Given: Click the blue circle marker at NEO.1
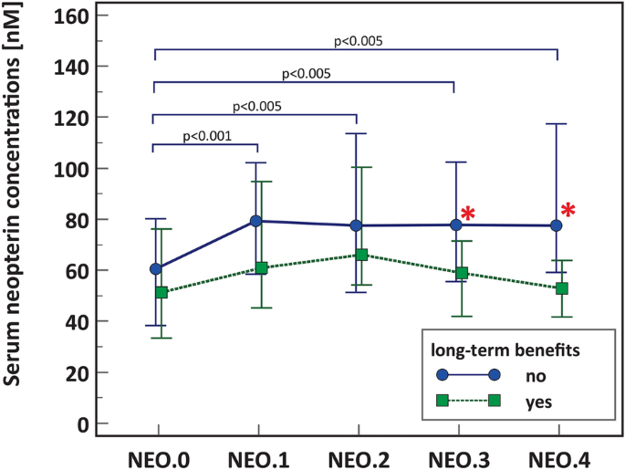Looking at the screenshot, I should (x=256, y=221).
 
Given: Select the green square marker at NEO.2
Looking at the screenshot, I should (x=361, y=255).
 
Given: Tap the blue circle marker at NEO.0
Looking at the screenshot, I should (x=156, y=269).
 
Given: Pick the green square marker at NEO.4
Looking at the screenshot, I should (x=562, y=288).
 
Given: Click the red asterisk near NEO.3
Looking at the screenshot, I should (x=467, y=214).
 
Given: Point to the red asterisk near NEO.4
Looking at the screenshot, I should (x=568, y=211).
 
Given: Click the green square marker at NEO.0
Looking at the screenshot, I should (x=161, y=292).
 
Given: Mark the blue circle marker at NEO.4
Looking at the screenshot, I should (x=556, y=225).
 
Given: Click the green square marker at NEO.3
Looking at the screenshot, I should (x=462, y=273).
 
